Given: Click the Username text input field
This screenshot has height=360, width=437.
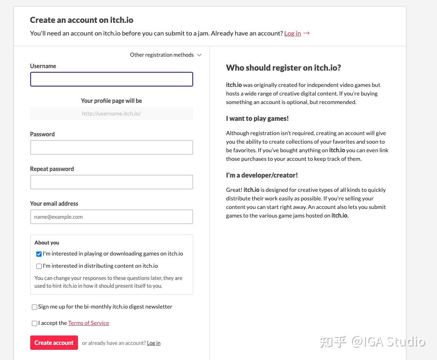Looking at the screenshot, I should [111, 79].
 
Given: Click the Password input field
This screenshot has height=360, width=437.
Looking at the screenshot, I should [111, 147].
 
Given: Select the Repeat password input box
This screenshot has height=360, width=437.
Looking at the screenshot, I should [111, 182].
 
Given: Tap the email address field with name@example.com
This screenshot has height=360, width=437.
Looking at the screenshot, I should [111, 217].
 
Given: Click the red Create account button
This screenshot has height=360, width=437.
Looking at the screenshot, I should [54, 343].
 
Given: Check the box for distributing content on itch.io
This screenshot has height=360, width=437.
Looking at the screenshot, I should [39, 266].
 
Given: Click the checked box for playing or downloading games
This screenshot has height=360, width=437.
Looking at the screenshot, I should [39, 254].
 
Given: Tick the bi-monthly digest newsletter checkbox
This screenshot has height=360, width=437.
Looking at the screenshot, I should [34, 307].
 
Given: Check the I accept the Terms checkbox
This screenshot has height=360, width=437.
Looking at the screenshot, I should [34, 323].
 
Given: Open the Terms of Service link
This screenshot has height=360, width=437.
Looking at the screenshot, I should [88, 323].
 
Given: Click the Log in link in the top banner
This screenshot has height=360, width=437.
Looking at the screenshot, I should [292, 33].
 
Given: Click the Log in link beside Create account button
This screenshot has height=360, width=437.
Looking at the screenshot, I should [154, 343].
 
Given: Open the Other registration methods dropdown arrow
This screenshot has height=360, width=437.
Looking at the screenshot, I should [199, 55].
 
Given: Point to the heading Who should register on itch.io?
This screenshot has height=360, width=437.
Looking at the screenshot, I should [283, 68].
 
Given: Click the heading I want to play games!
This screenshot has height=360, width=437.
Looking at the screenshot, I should [257, 118].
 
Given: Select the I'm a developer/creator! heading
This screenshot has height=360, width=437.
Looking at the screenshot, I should [262, 175].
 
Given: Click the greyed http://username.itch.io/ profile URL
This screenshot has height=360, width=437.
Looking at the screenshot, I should [111, 113].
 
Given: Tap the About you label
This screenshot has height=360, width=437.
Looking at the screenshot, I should [47, 242].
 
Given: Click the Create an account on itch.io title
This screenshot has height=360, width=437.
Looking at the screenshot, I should [82, 20].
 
